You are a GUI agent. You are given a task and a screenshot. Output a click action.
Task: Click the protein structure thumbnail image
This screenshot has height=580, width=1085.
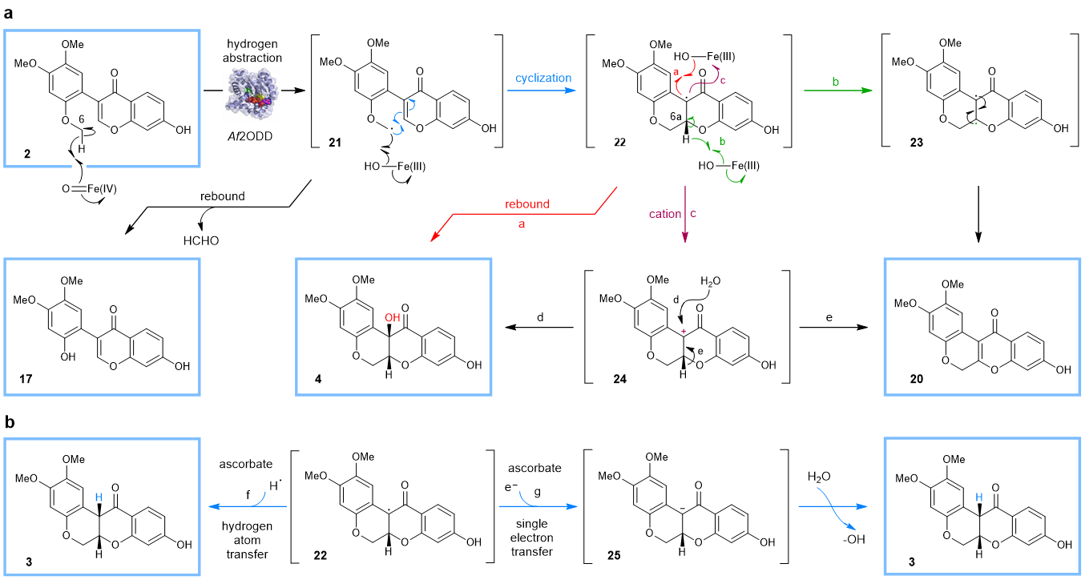coord(252,94)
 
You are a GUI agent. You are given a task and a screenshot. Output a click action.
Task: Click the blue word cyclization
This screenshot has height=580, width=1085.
coord(543,79)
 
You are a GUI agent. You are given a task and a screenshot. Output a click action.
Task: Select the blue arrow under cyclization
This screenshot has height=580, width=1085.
coord(542,91)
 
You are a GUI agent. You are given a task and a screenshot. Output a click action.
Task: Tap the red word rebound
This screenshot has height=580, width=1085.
coord(527,204)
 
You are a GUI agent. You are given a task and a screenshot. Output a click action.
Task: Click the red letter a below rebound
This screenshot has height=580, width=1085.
coord(522,225)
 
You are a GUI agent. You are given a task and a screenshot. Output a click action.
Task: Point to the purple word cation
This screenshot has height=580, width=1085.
coord(665,215)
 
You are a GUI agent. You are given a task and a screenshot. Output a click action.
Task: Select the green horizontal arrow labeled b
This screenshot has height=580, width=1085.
coord(837,91)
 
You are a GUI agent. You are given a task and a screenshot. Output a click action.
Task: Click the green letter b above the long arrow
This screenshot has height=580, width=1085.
coord(836,82)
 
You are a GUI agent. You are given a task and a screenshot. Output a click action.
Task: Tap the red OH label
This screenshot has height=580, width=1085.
coord(392,318)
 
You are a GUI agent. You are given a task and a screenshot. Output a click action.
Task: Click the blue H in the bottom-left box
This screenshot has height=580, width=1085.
coord(99,497)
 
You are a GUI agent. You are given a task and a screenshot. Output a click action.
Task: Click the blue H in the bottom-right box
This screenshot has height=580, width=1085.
coord(978,497)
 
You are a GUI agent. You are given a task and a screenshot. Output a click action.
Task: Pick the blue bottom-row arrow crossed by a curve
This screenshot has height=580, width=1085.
coord(833,506)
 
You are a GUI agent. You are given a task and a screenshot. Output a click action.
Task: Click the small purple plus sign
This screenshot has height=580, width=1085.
coord(684,331)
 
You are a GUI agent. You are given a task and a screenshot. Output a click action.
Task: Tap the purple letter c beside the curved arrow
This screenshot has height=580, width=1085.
coord(723,81)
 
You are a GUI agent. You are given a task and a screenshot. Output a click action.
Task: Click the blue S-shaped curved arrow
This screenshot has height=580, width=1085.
coord(397,123)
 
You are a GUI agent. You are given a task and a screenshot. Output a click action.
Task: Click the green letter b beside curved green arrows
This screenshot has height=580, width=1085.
coord(722,142)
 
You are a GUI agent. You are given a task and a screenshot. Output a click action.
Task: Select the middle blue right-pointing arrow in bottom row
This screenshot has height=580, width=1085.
coord(538,506)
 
